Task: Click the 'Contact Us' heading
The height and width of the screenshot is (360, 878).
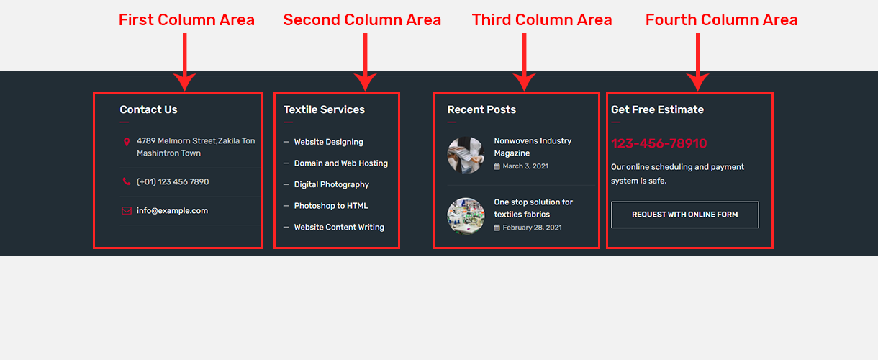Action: click(x=148, y=109)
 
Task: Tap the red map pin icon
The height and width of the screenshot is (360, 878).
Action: click(x=127, y=142)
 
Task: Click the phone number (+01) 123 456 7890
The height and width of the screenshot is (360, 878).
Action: click(x=173, y=181)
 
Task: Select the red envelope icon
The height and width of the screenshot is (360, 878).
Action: click(x=127, y=211)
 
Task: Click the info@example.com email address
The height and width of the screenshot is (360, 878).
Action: click(x=172, y=211)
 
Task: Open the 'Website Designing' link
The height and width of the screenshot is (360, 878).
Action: click(x=328, y=142)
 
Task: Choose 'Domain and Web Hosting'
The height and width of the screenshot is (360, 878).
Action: click(x=340, y=163)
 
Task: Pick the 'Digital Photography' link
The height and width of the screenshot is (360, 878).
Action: click(x=331, y=184)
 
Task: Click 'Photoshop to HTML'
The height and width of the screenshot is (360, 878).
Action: click(x=330, y=206)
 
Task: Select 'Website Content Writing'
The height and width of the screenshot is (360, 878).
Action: click(x=339, y=227)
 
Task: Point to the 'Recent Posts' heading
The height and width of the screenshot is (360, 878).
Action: click(x=481, y=109)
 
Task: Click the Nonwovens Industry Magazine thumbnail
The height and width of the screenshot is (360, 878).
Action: click(x=466, y=155)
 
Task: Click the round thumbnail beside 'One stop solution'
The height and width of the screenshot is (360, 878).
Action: click(x=466, y=216)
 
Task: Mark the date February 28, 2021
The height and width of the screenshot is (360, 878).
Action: click(x=532, y=228)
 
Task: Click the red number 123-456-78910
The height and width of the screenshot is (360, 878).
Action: click(x=658, y=143)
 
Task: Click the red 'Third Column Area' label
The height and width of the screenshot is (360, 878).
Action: click(x=542, y=20)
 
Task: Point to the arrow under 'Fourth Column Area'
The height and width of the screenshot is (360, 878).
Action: click(x=697, y=62)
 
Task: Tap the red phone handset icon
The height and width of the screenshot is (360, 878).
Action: click(x=127, y=182)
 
